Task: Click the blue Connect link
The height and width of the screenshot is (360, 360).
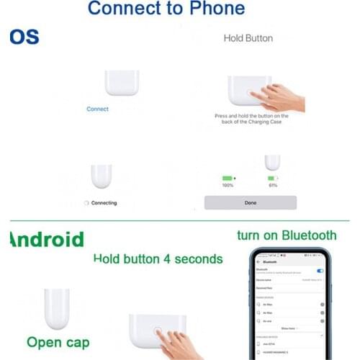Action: click(97, 109)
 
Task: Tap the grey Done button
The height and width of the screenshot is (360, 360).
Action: click(250, 202)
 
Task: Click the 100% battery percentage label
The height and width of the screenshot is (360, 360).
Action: click(228, 186)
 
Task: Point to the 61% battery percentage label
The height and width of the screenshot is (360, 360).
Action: click(272, 186)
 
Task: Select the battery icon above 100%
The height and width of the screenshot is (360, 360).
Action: click(228, 177)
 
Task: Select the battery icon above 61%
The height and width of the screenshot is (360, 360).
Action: click(272, 177)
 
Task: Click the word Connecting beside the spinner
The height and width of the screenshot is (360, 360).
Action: click(103, 203)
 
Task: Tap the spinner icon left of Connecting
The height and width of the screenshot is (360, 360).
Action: click(86, 203)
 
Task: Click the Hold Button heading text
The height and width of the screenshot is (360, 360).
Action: click(248, 37)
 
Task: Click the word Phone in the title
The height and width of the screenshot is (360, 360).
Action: click(212, 9)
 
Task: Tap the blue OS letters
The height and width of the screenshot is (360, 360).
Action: click(24, 37)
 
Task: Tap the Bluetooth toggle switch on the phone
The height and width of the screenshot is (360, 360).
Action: click(320, 271)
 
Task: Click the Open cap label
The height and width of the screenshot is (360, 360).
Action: click(59, 341)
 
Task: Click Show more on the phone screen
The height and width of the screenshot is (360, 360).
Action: click(288, 328)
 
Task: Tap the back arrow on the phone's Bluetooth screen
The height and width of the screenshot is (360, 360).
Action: click(258, 264)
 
